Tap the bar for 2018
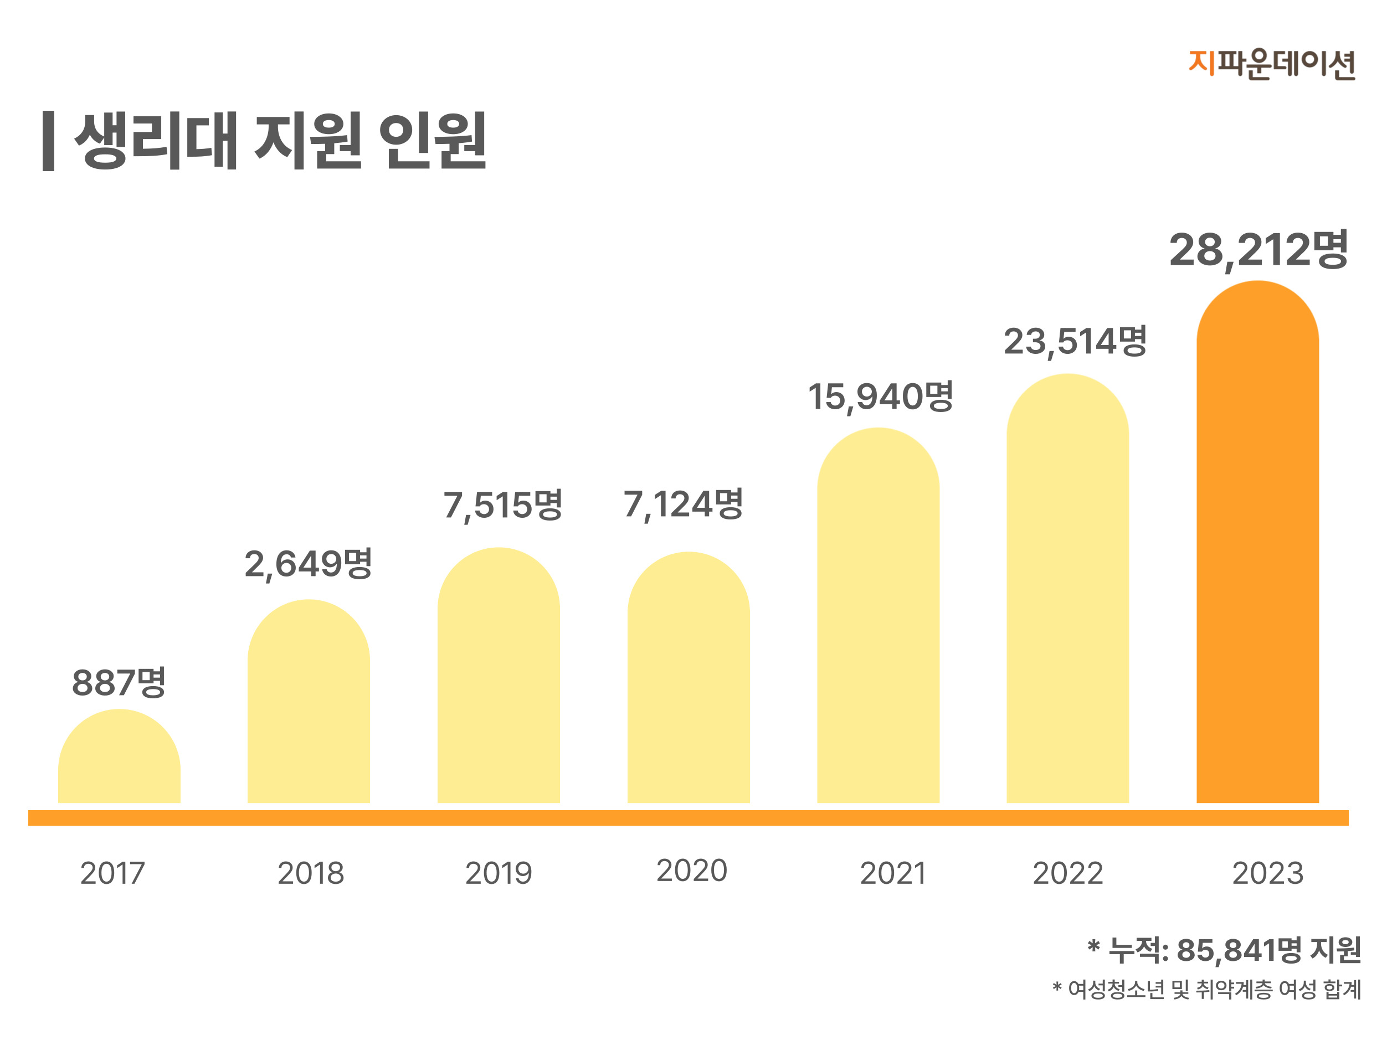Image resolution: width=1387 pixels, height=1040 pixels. click(309, 702)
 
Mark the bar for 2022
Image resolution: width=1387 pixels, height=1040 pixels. click(1067, 589)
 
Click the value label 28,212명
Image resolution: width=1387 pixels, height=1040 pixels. click(1258, 250)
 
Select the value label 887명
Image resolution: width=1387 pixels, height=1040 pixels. click(119, 683)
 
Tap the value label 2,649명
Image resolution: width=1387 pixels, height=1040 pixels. click(309, 564)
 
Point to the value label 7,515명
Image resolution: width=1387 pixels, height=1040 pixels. click(503, 505)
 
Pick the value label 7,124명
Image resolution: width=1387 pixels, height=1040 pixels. click(683, 504)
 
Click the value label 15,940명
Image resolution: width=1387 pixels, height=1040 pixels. click(880, 397)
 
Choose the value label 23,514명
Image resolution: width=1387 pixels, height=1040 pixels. click(1075, 342)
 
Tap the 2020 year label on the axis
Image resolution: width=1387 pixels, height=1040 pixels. click(692, 871)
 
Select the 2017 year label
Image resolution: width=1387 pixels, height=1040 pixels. click(113, 873)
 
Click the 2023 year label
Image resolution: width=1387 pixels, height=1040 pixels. click(1268, 873)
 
